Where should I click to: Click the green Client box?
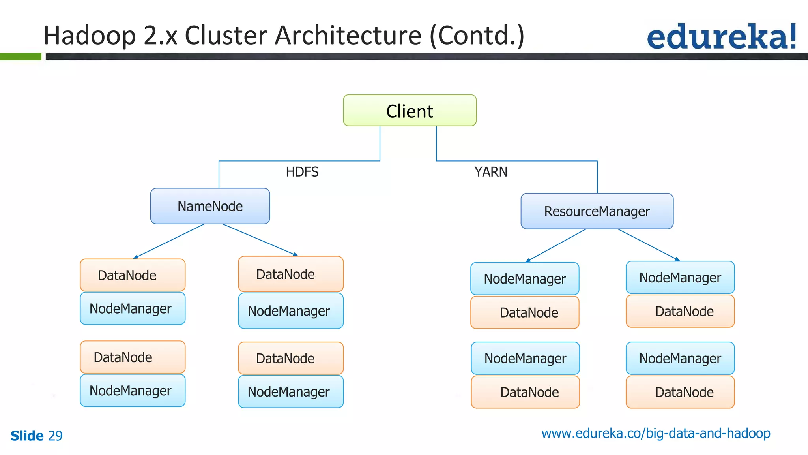pyautogui.click(x=410, y=111)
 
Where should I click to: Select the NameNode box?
pyautogui.click(x=210, y=206)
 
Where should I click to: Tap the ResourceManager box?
pyautogui.click(x=597, y=211)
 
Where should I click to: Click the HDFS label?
pyautogui.click(x=302, y=172)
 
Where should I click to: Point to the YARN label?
pyautogui.click(x=491, y=172)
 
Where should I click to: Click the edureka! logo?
pyautogui.click(x=721, y=36)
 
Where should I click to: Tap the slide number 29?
pyautogui.click(x=55, y=436)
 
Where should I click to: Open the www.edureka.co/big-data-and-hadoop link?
pyautogui.click(x=656, y=433)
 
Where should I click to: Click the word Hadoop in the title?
pyautogui.click(x=90, y=36)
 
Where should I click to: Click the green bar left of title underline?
pyautogui.click(x=21, y=56)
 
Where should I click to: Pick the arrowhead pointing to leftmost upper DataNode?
pyautogui.click(x=135, y=257)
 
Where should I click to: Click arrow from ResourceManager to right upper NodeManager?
pyautogui.click(x=649, y=245)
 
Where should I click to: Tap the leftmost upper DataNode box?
pyautogui.click(x=133, y=275)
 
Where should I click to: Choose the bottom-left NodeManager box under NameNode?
pyautogui.click(x=133, y=390)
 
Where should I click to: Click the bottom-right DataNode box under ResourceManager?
pyautogui.click(x=680, y=392)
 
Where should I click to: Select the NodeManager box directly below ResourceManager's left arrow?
pyautogui.click(x=525, y=278)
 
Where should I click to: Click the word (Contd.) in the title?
pyautogui.click(x=477, y=36)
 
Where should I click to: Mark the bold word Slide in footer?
pyautogui.click(x=27, y=436)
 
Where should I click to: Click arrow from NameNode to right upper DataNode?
pyautogui.click(x=260, y=240)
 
